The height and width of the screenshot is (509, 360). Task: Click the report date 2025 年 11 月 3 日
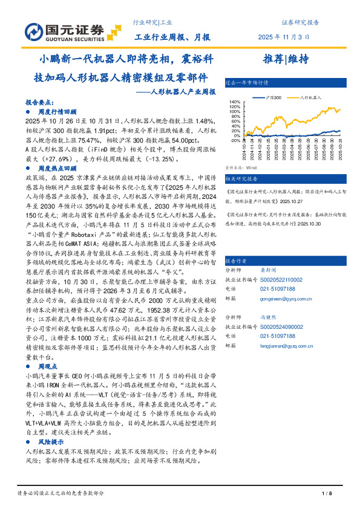pos(287,36)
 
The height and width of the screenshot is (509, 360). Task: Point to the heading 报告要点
pos(38,103)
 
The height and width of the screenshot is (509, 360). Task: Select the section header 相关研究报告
pos(241,180)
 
